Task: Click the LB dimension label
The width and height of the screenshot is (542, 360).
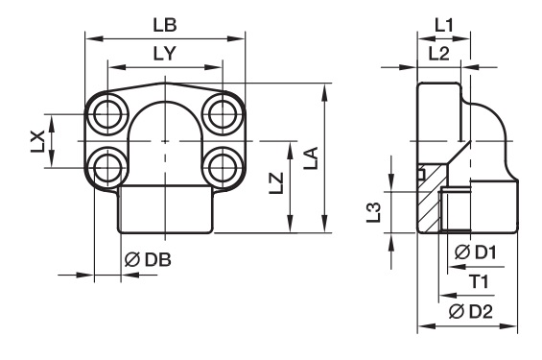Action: coord(165,25)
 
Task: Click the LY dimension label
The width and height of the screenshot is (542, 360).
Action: coord(165,54)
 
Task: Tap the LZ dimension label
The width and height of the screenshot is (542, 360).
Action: coord(276,183)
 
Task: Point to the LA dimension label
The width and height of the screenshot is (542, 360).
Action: coord(311,158)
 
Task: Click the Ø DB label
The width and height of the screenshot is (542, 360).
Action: coord(148,260)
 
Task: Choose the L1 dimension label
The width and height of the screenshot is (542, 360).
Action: coord(443,26)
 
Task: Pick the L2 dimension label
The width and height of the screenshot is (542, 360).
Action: coord(438,54)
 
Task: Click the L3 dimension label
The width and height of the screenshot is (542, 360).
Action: coord(374,212)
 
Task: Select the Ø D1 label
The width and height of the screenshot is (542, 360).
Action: coord(476,252)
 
